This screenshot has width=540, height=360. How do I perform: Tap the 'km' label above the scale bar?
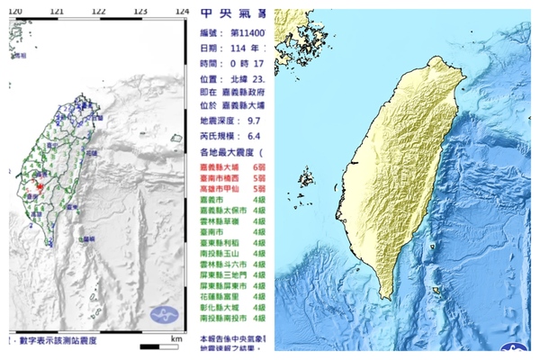(x=177, y=338)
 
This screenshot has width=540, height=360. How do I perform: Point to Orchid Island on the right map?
(x=436, y=290)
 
